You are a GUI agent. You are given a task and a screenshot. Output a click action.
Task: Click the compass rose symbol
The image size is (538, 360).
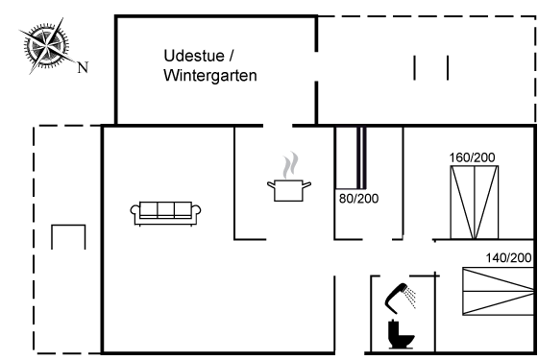click(x=47, y=46)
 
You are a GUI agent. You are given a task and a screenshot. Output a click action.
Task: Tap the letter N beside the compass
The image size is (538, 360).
click(x=83, y=67)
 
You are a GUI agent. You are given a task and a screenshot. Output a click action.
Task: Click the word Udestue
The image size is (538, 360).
click(x=194, y=56)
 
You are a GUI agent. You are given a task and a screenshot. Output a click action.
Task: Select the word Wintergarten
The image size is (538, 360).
click(x=210, y=76)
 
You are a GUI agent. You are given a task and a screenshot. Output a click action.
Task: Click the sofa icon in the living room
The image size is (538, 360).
click(x=165, y=213)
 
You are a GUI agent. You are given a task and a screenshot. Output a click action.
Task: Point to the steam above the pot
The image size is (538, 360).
click(x=290, y=164)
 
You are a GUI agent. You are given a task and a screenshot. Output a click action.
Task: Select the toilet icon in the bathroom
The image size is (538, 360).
click(x=401, y=334)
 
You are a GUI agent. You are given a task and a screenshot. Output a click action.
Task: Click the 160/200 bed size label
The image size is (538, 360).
click(x=472, y=157)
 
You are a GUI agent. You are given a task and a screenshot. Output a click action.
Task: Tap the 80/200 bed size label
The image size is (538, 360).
click(x=358, y=199)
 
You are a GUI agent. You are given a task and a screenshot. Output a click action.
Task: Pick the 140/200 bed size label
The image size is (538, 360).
click(x=508, y=258)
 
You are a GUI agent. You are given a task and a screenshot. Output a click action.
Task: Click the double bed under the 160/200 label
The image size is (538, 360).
click(x=475, y=203)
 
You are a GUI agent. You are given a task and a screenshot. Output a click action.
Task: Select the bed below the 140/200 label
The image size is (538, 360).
click(x=498, y=291)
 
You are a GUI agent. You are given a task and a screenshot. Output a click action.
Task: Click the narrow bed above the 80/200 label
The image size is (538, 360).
click(x=351, y=158)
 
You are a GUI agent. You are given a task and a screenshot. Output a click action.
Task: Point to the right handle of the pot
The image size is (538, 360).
click(x=306, y=185)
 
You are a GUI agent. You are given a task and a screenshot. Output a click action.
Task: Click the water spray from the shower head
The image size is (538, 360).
click(x=410, y=298)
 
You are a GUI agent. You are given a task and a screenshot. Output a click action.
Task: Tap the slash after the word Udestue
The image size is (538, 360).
click(x=231, y=56)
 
